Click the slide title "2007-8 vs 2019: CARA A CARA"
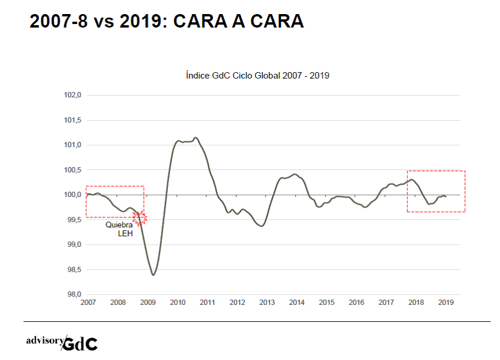(167, 22)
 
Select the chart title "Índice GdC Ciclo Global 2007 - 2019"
(257, 76)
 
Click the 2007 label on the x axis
(87, 303)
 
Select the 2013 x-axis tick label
(266, 303)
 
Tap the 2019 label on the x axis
(445, 303)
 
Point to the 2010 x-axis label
(177, 303)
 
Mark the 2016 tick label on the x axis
(356, 303)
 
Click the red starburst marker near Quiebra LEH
(140, 218)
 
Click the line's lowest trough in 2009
(153, 275)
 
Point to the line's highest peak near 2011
(196, 138)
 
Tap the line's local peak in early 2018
(412, 179)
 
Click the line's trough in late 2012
(261, 226)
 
